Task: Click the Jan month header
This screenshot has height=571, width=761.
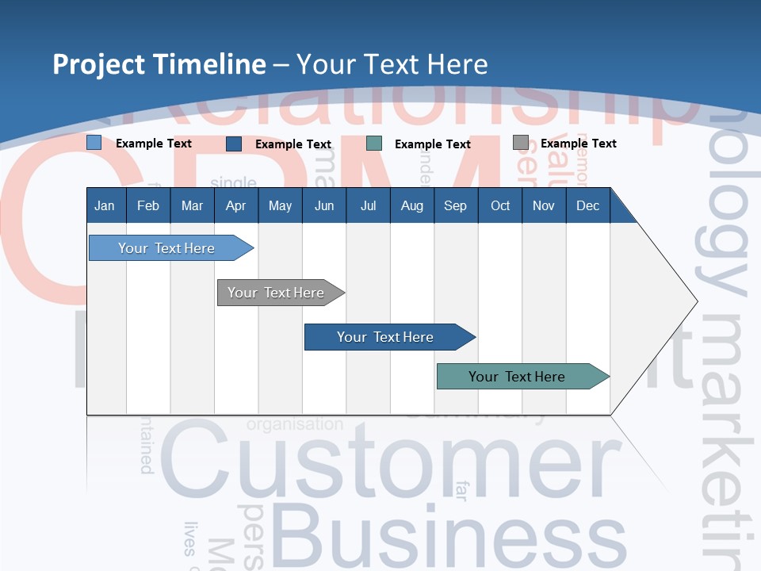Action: coord(105,205)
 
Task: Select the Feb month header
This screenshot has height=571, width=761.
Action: coord(148,205)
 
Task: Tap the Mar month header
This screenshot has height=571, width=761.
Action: coord(192,205)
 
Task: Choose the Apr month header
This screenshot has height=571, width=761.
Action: coord(235,205)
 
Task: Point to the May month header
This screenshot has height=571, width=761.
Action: coord(280,205)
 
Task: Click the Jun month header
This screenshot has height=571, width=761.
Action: coord(324,205)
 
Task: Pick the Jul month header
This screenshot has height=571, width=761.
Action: coord(368,205)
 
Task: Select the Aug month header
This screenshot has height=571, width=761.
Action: coord(411,205)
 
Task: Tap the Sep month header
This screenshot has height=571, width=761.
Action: coord(455,205)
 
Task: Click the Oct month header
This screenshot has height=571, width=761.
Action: coord(500,205)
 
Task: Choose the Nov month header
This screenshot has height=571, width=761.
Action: coord(544,205)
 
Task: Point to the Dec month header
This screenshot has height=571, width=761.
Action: coord(587,205)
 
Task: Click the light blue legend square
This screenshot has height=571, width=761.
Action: coord(94,143)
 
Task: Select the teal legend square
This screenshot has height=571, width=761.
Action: coord(374,144)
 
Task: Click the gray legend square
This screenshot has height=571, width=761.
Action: coord(520,143)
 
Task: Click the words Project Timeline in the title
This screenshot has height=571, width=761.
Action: coord(159,64)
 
